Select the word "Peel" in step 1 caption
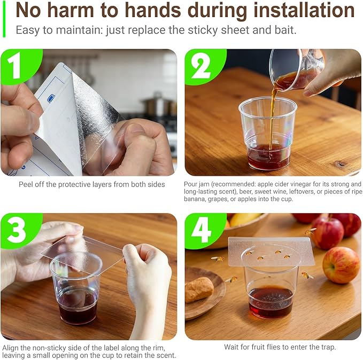click(28, 184)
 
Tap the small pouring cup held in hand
click(297, 68)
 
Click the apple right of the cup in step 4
click(341, 264)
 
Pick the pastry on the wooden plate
click(199, 289)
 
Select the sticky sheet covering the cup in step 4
click(271, 251)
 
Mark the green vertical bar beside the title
click(3, 19)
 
